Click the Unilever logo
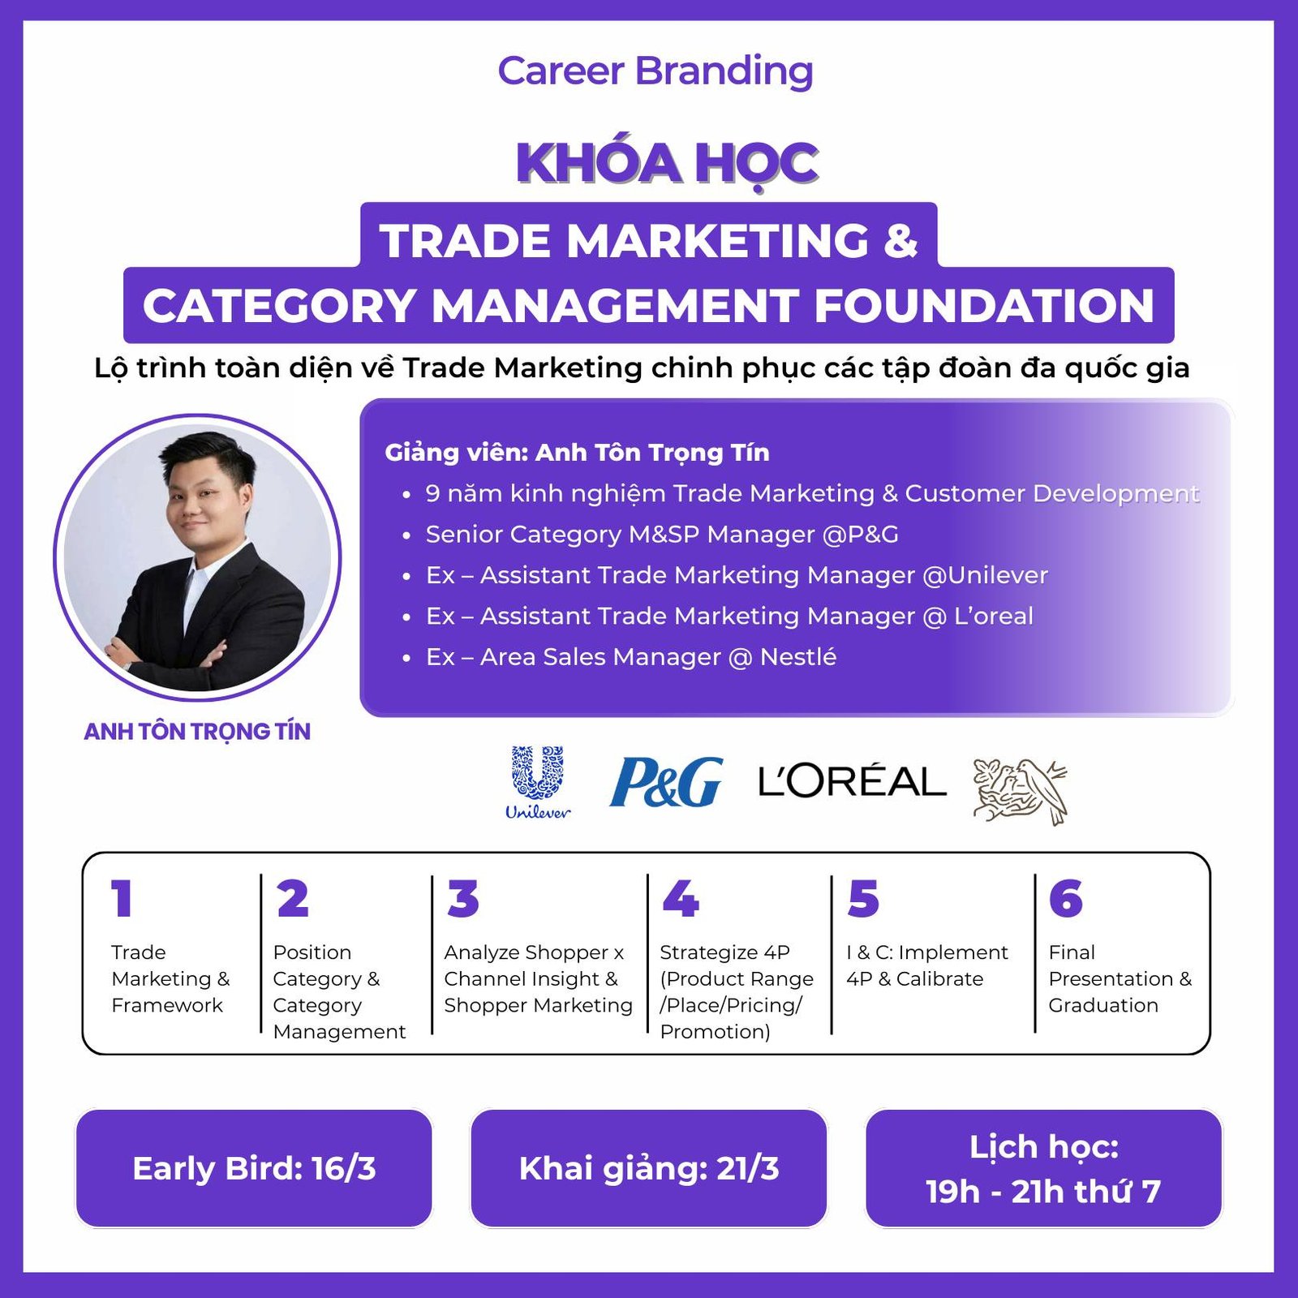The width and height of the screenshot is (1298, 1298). (538, 782)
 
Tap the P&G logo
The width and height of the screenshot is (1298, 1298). (666, 782)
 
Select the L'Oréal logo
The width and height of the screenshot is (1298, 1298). (852, 781)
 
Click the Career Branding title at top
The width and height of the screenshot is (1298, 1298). (655, 71)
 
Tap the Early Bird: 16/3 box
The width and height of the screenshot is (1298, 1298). (254, 1168)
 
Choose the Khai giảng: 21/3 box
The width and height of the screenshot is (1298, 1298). (649, 1168)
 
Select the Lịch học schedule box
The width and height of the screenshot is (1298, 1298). (1044, 1168)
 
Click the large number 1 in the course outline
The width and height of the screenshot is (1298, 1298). (122, 899)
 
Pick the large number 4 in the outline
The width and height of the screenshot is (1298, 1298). (681, 899)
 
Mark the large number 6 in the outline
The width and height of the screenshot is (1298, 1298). (1066, 899)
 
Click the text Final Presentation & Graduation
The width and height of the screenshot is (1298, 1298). (1120, 978)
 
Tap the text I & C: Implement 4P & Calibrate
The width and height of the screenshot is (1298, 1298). (927, 965)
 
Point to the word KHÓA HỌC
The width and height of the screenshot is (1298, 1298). (667, 163)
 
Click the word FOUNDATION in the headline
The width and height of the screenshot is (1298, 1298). (984, 306)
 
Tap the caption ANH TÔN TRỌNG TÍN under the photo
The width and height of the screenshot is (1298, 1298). (197, 732)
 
